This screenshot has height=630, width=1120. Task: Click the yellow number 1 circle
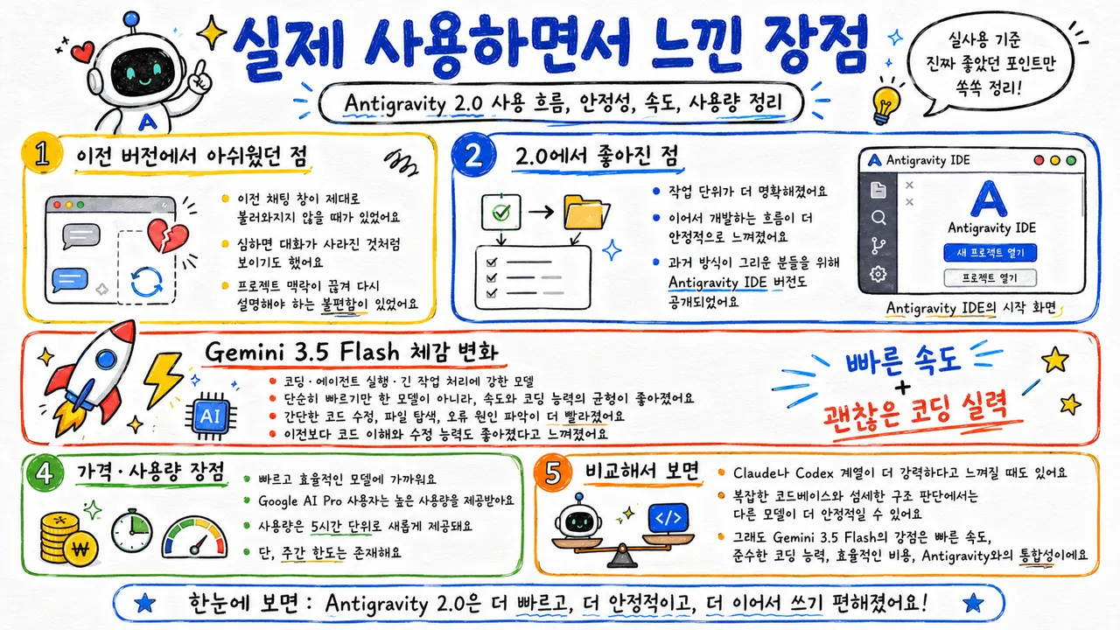click(42, 153)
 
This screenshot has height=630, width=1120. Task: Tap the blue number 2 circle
click(473, 156)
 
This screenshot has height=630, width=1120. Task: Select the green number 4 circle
click(45, 472)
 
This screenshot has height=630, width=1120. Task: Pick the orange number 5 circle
click(552, 472)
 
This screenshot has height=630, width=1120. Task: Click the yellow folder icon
click(586, 212)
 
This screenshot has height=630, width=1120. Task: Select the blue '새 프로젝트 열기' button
click(990, 253)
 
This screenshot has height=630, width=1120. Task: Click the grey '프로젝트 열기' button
click(990, 278)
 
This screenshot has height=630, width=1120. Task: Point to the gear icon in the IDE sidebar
click(878, 274)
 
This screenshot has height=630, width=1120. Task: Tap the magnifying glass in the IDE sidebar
click(878, 218)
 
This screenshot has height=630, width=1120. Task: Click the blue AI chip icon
click(211, 416)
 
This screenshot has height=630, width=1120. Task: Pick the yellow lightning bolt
click(164, 379)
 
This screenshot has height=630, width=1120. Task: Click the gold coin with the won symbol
click(80, 549)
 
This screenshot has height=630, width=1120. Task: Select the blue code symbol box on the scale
click(668, 519)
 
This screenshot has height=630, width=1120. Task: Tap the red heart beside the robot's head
click(82, 52)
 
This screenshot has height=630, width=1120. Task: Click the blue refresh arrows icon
click(146, 281)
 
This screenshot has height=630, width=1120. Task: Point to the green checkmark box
click(501, 213)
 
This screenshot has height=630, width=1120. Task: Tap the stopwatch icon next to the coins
click(132, 530)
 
